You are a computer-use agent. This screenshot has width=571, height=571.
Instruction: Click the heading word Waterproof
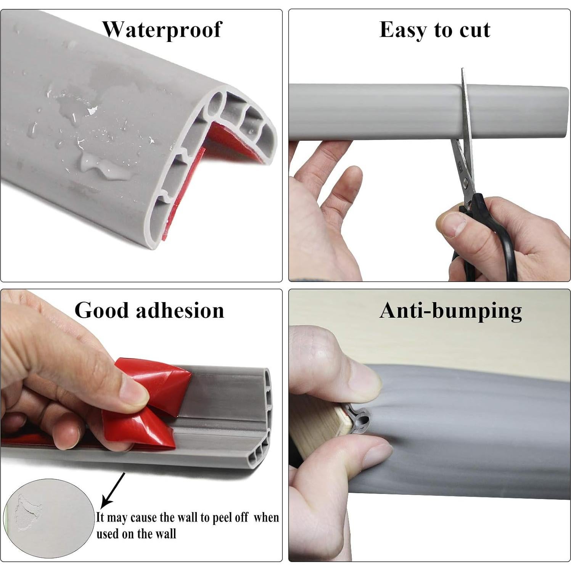(x=162, y=30)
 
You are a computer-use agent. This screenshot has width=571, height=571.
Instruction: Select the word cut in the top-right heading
(x=475, y=30)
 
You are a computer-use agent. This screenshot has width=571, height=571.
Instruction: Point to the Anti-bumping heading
(x=450, y=310)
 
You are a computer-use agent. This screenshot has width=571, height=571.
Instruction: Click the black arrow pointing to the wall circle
(x=113, y=490)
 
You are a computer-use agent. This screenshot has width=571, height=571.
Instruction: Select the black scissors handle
(x=492, y=244)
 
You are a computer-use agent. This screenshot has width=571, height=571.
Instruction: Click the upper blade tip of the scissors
(x=463, y=72)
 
